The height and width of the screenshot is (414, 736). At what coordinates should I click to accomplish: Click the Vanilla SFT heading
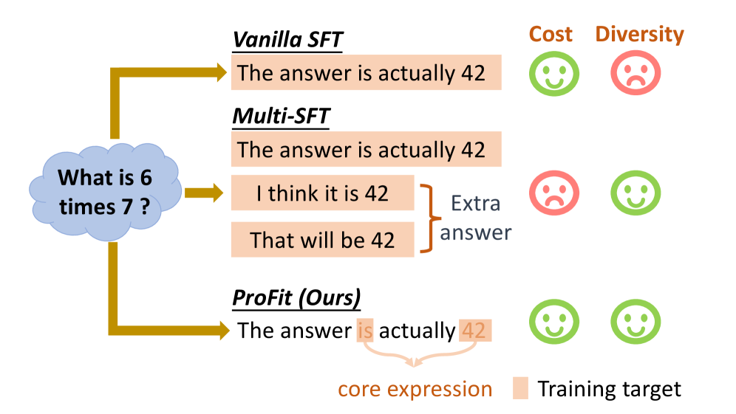click(287, 40)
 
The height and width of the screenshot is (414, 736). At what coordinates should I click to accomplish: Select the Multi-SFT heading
click(281, 116)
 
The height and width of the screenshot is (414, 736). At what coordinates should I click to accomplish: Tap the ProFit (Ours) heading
click(296, 297)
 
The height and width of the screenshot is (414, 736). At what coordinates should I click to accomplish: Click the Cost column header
click(551, 34)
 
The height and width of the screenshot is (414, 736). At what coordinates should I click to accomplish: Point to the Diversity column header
click(639, 34)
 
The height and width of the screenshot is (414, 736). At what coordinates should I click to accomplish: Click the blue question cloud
click(105, 192)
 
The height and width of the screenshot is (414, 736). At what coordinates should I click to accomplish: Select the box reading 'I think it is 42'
click(322, 193)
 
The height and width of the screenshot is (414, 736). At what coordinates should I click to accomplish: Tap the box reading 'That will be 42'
click(322, 240)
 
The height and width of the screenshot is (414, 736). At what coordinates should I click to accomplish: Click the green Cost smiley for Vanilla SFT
click(554, 74)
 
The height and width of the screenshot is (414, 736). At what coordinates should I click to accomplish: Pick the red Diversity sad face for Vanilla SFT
click(636, 73)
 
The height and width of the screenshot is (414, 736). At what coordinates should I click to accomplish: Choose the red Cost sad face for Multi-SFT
click(554, 193)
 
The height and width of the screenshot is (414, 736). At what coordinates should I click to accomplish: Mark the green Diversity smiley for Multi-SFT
click(636, 193)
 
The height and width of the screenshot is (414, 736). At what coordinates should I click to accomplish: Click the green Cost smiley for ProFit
click(554, 322)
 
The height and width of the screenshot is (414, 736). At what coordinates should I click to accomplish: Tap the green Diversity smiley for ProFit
click(636, 322)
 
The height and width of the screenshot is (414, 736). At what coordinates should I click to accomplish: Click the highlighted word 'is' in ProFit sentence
click(365, 331)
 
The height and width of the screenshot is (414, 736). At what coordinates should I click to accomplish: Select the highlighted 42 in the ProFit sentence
click(475, 331)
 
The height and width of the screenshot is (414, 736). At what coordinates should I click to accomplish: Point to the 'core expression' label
click(415, 389)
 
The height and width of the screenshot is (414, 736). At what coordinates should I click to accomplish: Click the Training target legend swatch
click(520, 388)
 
